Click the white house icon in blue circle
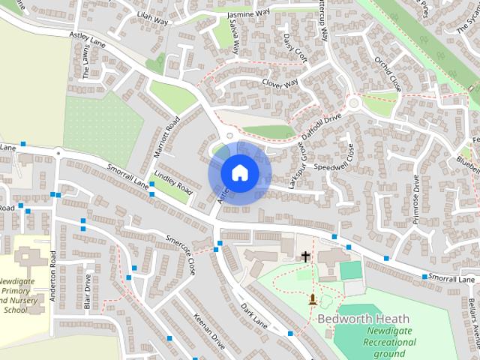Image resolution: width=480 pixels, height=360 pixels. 239,173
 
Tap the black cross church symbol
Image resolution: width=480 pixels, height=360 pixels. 305,256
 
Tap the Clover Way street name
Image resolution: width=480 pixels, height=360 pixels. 280,82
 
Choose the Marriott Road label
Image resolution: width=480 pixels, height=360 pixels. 166,136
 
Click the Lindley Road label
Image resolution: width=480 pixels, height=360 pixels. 173,184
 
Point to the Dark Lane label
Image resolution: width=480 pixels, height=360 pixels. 254,315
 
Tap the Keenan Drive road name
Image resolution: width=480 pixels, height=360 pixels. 208,331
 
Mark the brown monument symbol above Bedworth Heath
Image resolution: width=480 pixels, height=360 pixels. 312,300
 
